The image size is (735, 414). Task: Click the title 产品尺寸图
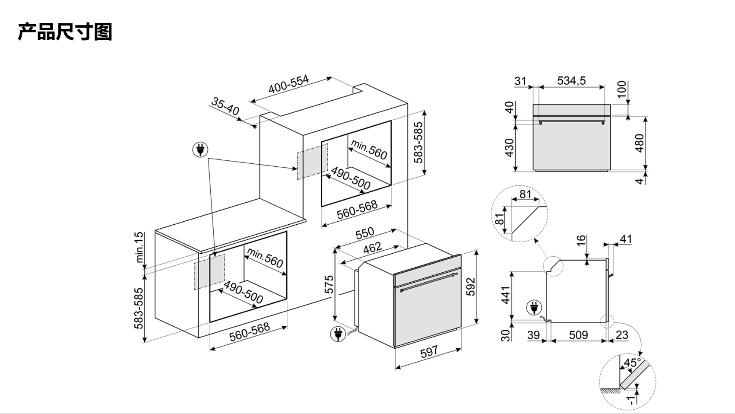point(65,32)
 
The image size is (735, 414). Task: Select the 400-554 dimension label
point(288,84)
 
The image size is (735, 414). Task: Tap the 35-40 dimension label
point(225,106)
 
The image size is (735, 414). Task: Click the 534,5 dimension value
point(571,81)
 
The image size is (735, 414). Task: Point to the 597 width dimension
point(429,352)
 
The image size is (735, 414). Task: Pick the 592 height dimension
point(470,286)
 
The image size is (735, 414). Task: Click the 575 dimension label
point(329,284)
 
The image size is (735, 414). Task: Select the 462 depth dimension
point(372,247)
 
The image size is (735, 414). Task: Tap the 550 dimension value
point(365,233)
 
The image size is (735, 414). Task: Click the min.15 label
point(139,247)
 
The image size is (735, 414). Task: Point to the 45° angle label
point(632,363)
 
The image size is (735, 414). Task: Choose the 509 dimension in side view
point(578,335)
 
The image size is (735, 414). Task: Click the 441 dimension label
point(506,295)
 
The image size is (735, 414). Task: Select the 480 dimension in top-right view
point(640,143)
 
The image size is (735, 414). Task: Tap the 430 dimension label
point(510,147)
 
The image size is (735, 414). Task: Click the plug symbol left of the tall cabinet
point(200,150)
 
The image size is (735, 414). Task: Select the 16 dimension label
point(581,240)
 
